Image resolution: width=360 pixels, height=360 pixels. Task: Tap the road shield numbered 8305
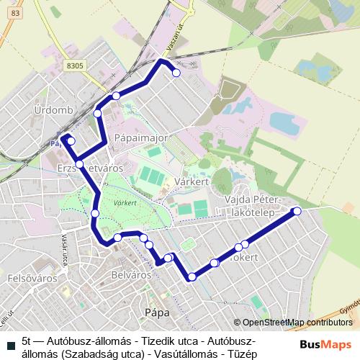pyautogui.click(x=75, y=65)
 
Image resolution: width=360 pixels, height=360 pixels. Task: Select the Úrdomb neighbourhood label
pyautogui.click(x=50, y=110)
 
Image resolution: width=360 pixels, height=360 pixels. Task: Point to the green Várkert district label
pyautogui.click(x=191, y=182)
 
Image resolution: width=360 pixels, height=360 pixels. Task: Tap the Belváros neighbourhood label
pyautogui.click(x=132, y=274)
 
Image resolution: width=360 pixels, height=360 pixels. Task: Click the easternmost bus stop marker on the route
pyautogui.click(x=296, y=210)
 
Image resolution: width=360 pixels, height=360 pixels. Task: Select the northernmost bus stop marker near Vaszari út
pyautogui.click(x=176, y=72)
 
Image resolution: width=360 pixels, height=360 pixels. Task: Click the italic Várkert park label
pyautogui.click(x=125, y=204)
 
